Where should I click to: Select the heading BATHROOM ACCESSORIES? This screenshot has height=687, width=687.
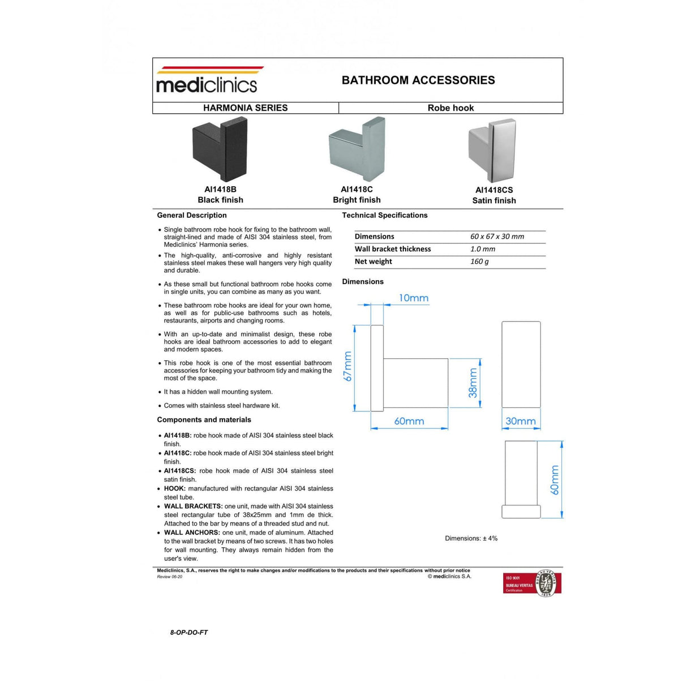click(418, 80)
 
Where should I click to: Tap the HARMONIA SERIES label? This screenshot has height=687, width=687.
click(245, 108)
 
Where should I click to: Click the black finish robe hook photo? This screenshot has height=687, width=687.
click(220, 149)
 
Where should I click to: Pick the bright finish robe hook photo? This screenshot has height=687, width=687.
click(357, 149)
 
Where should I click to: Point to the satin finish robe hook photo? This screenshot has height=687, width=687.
click(492, 150)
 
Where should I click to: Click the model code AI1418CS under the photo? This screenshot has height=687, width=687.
click(494, 190)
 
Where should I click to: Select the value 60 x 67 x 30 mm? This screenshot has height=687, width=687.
click(497, 237)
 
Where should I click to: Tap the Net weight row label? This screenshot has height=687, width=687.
click(373, 261)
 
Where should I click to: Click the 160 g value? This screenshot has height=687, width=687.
click(479, 261)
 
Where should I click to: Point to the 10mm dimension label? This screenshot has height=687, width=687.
click(414, 298)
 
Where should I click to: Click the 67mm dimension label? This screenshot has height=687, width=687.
click(348, 366)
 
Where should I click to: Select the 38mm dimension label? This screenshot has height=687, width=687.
click(473, 383)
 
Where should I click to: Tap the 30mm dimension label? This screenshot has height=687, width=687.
click(520, 421)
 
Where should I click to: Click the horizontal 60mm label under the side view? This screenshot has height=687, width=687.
click(409, 421)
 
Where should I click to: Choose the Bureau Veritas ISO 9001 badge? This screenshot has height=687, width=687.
click(531, 583)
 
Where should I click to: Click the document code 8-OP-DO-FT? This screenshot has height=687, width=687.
click(189, 632)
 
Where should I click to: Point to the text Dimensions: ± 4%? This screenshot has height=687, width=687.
click(471, 538)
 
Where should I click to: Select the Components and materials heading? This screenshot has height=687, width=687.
click(204, 420)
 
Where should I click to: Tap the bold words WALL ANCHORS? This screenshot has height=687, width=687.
click(192, 533)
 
